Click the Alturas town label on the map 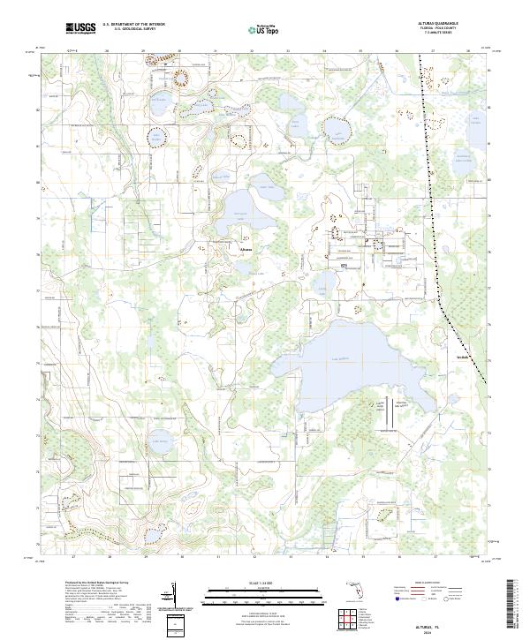pos(246,249)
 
